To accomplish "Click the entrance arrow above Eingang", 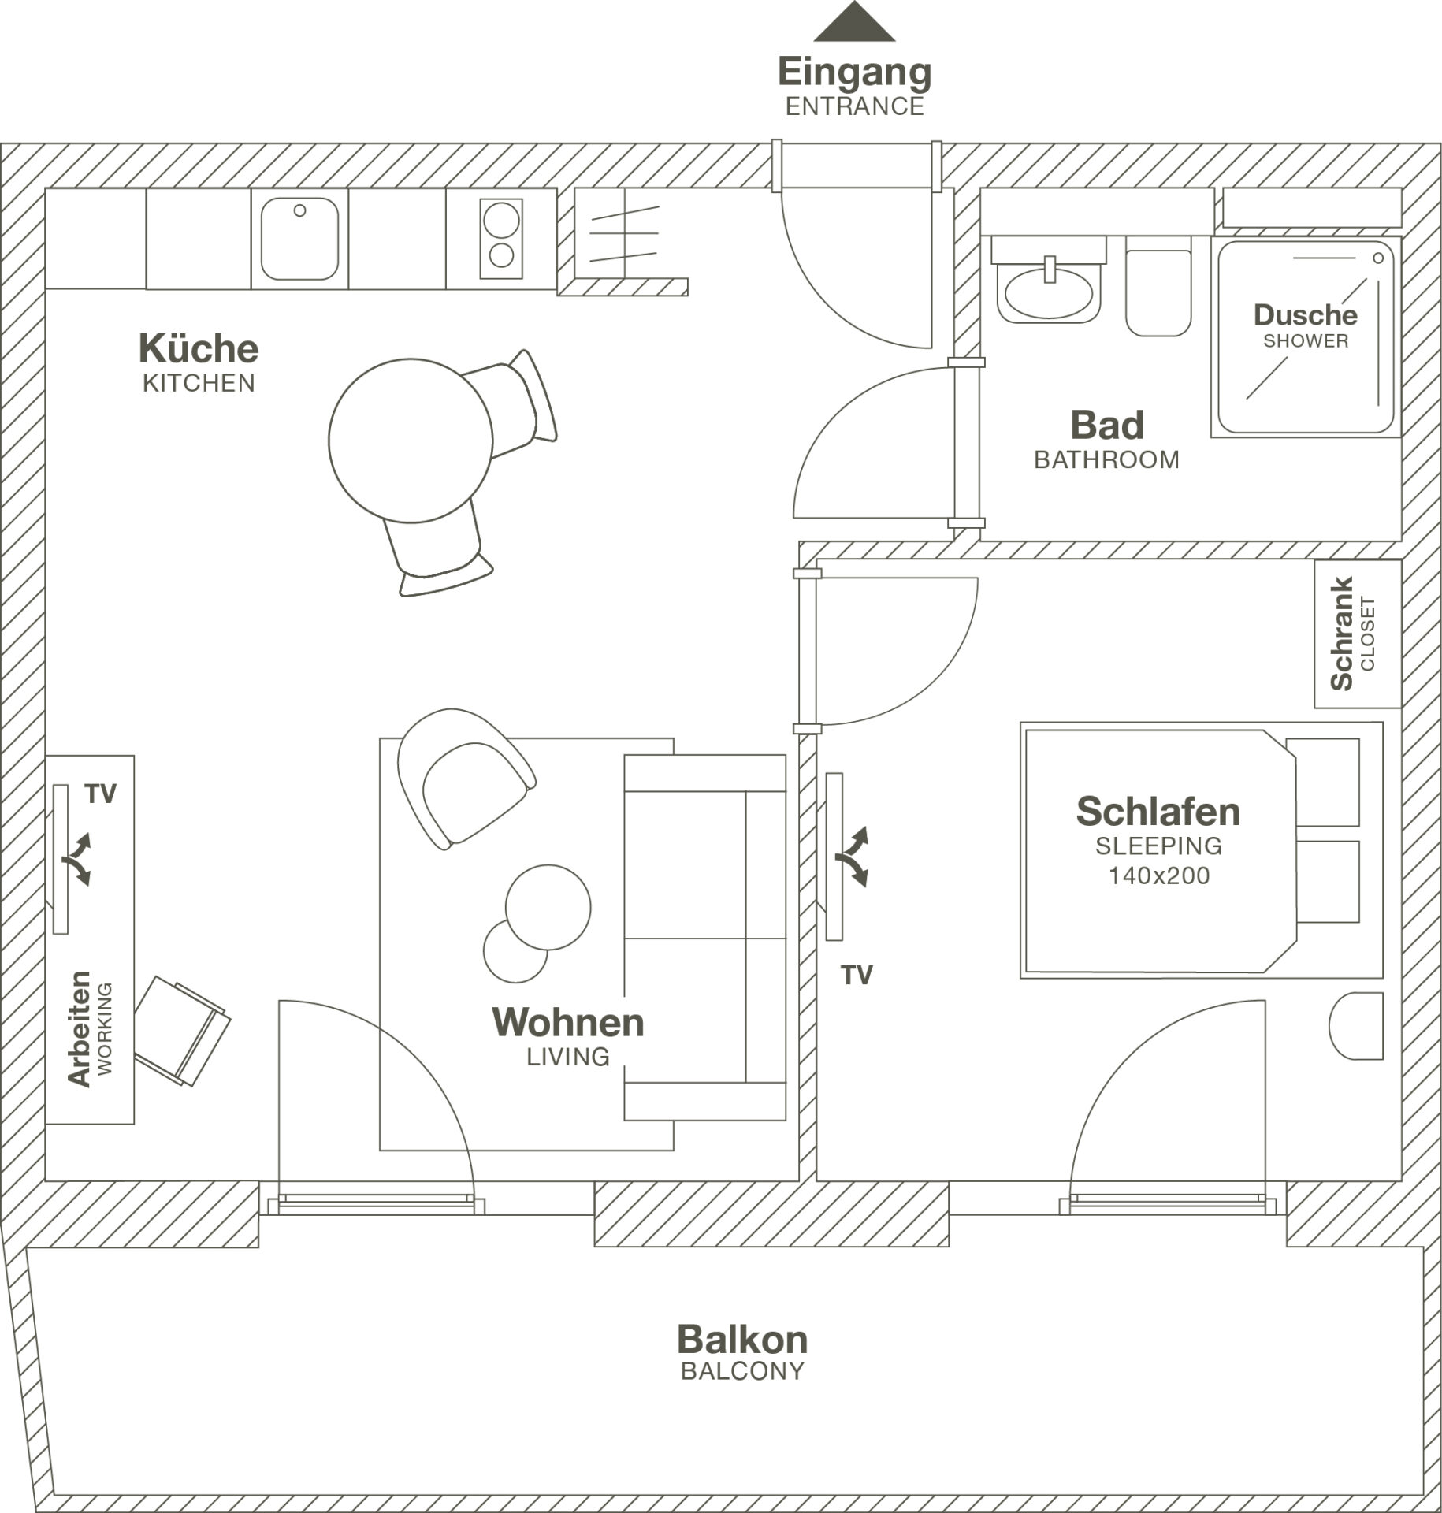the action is tap(854, 22).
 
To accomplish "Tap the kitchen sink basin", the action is tap(299, 238).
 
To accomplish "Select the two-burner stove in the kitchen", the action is tap(501, 238).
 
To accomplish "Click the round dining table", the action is tap(411, 441).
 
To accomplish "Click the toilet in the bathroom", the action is tap(1158, 287).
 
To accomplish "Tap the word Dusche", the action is tap(1306, 315).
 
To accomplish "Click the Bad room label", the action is tap(1106, 426).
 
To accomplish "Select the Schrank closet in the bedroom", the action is tap(1358, 634).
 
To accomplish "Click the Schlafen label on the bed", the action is tap(1158, 812).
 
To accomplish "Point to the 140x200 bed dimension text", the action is tap(1158, 876).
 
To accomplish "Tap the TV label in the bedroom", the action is tap(857, 976).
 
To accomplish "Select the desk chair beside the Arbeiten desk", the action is tap(182, 1032).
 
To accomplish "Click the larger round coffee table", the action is tap(548, 907).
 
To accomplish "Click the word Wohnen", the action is tap(568, 1022).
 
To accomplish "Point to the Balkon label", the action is tap(742, 1339).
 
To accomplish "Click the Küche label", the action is tap(199, 348).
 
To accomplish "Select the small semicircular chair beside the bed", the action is tap(1356, 1026).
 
